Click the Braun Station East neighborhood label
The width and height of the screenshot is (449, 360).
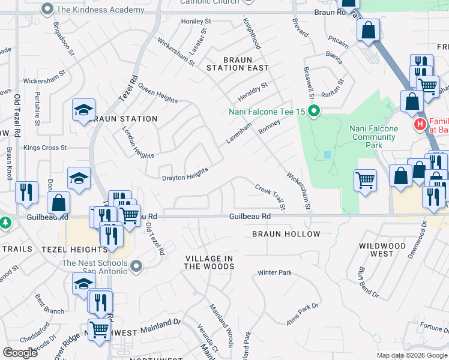[238, 64]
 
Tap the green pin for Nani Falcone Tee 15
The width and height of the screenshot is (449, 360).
[314, 111]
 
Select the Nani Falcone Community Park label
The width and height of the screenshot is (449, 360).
[374, 137]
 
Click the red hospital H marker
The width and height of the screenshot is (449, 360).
[420, 125]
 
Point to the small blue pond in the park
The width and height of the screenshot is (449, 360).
[327, 155]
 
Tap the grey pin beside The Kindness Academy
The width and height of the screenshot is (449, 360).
[47, 10]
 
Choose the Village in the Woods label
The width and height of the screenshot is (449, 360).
[208, 262]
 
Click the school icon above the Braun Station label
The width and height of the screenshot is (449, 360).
[83, 109]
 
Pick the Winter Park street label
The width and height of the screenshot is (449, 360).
[274, 273]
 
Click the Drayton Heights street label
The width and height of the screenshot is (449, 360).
[185, 174]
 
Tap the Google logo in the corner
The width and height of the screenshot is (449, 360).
[20, 353]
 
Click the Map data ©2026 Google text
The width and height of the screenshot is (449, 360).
[412, 355]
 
